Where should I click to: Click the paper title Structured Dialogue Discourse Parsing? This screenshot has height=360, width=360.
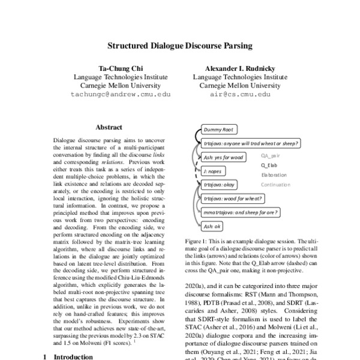pos(180,45)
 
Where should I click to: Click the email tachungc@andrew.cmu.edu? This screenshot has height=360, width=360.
pos(121,95)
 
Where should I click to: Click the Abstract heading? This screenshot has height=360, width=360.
pos(109,127)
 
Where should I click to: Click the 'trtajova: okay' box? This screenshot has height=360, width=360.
pos(220,184)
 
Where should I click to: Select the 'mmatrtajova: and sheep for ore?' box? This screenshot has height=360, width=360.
pos(239,212)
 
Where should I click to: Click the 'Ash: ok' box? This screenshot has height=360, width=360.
pos(213,226)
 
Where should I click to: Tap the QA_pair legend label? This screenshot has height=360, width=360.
pos(271,155)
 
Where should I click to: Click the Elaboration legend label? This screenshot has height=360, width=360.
pos(275,175)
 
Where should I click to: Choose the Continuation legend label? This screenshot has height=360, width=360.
pos(278,185)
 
